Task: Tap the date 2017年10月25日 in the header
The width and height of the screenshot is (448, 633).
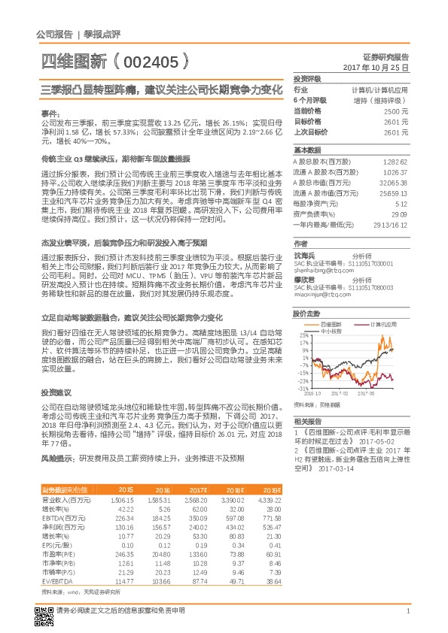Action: tap(376, 67)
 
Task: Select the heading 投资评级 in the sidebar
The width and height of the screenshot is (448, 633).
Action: tap(307, 78)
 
